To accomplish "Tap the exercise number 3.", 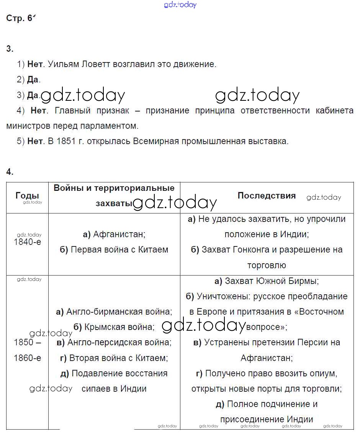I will pos(10,49).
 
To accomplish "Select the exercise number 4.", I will pos(10,172).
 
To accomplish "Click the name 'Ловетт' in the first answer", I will pos(96,64).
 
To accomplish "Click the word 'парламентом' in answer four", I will pos(113,126).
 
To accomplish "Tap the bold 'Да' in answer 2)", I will pos(33,80).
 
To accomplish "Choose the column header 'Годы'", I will pos(27,195).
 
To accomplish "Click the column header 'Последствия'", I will pos(267,195).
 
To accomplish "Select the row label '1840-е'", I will pos(27,242).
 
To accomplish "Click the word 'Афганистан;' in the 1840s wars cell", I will pos(119,234).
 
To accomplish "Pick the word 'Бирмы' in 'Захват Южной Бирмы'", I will pos(306,281).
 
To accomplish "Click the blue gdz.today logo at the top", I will pos(180,5).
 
